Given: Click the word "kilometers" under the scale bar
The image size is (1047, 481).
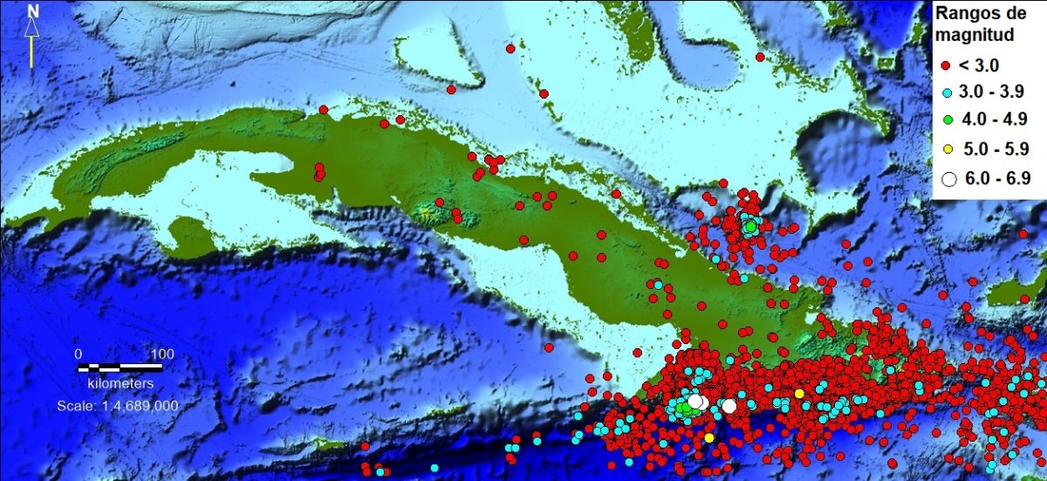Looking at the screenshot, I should (x=121, y=383).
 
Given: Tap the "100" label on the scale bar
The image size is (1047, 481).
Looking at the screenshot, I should (x=162, y=354).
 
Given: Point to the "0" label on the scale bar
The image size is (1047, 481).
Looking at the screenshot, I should (x=78, y=354).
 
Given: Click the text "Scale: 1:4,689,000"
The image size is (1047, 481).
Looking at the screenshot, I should (x=118, y=406).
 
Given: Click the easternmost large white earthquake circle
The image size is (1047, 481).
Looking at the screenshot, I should (x=729, y=406).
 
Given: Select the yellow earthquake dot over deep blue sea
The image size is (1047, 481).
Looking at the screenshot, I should (x=709, y=437).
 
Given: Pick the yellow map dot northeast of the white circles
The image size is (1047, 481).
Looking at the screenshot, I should (x=799, y=394).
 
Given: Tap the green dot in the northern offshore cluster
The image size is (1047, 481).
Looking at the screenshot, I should (x=749, y=227).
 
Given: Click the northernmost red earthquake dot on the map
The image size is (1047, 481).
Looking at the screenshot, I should (x=510, y=49).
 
